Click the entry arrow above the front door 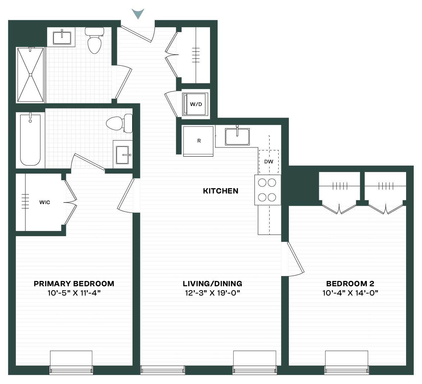click(138, 13)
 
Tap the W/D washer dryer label click(196, 104)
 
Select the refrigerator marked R click(198, 141)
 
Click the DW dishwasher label click(269, 162)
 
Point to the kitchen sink click(237, 137)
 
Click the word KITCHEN click(221, 191)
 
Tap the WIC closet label click(45, 202)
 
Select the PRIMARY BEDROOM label click(74, 284)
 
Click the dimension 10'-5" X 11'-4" click(74, 293)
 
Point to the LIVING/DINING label click(212, 284)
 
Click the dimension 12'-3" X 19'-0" click(212, 293)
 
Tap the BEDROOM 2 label click(350, 284)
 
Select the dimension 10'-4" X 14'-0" click(350, 293)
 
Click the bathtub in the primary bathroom click(30, 139)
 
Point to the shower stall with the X click(30, 75)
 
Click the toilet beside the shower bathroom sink click(94, 40)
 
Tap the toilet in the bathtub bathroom click(119, 123)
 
